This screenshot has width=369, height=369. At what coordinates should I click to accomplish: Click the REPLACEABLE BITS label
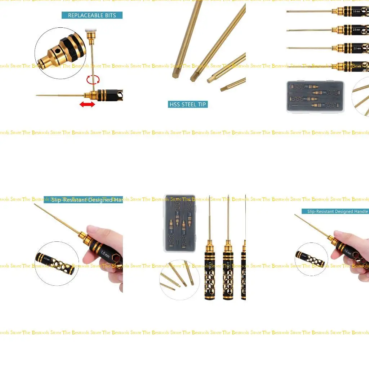tap(92, 15)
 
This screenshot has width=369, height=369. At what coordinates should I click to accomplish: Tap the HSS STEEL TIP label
tap(188, 105)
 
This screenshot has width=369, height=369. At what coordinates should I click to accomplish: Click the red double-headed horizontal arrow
tap(87, 105)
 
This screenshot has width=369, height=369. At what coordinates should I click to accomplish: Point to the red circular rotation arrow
tap(93, 80)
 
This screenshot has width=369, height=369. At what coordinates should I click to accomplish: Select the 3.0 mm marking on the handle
tap(356, 12)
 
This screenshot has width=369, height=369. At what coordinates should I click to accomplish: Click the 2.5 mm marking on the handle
tap(356, 30)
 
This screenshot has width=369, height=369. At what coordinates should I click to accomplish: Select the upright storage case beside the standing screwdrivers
tap(180, 223)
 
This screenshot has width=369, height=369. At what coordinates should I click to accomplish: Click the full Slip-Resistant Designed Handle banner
tap(335, 212)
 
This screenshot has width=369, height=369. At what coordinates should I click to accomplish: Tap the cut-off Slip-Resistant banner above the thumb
tap(83, 200)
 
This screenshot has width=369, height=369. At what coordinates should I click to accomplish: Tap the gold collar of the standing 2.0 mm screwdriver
tap(228, 245)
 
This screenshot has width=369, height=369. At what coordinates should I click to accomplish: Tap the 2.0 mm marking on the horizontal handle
tap(356, 48)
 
